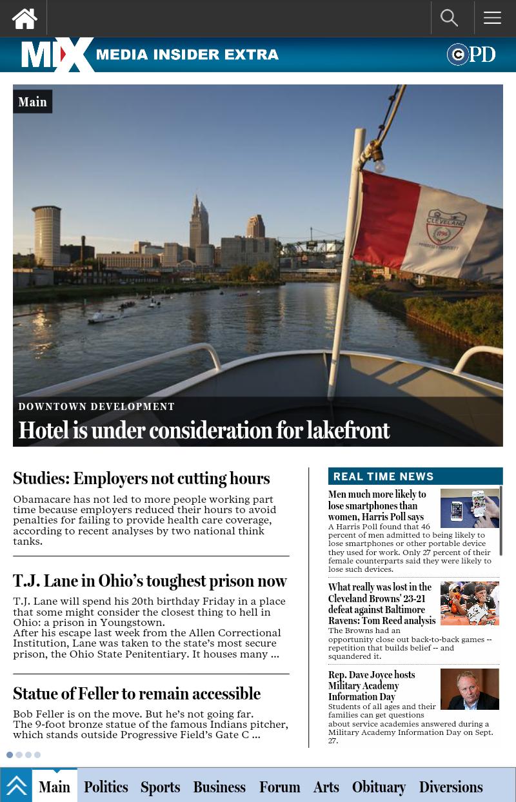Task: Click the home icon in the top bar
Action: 25,19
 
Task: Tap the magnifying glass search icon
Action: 449,18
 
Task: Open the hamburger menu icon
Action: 492,18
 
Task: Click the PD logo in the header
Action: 471,55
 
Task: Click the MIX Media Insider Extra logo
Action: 150,55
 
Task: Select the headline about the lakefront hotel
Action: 204,431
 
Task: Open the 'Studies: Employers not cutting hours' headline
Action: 141,478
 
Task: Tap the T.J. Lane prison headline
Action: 150,581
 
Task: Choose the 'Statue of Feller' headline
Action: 137,694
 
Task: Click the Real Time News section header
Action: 383,476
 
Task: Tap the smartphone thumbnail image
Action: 470,508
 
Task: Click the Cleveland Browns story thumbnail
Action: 470,603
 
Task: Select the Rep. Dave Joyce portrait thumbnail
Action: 470,689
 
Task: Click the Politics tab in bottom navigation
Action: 106,787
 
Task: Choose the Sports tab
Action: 161,787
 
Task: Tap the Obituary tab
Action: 379,787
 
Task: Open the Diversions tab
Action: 451,787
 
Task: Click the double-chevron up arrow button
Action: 16,786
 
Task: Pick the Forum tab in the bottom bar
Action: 280,787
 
